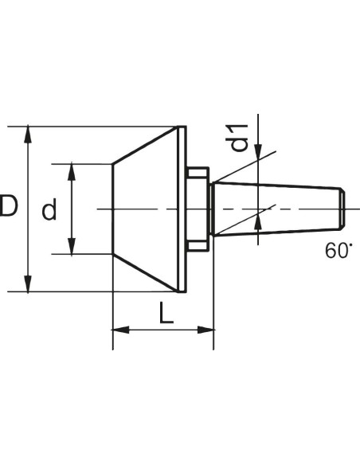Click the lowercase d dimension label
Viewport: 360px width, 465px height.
49,209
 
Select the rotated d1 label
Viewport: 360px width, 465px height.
239,139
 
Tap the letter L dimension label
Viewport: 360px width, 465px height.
166,313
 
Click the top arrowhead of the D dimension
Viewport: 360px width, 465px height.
28,134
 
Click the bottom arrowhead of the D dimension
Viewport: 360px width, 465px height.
28,283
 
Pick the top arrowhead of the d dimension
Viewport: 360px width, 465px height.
72,172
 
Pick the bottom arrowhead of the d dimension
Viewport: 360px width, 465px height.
72,246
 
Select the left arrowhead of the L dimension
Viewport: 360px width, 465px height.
121,330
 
